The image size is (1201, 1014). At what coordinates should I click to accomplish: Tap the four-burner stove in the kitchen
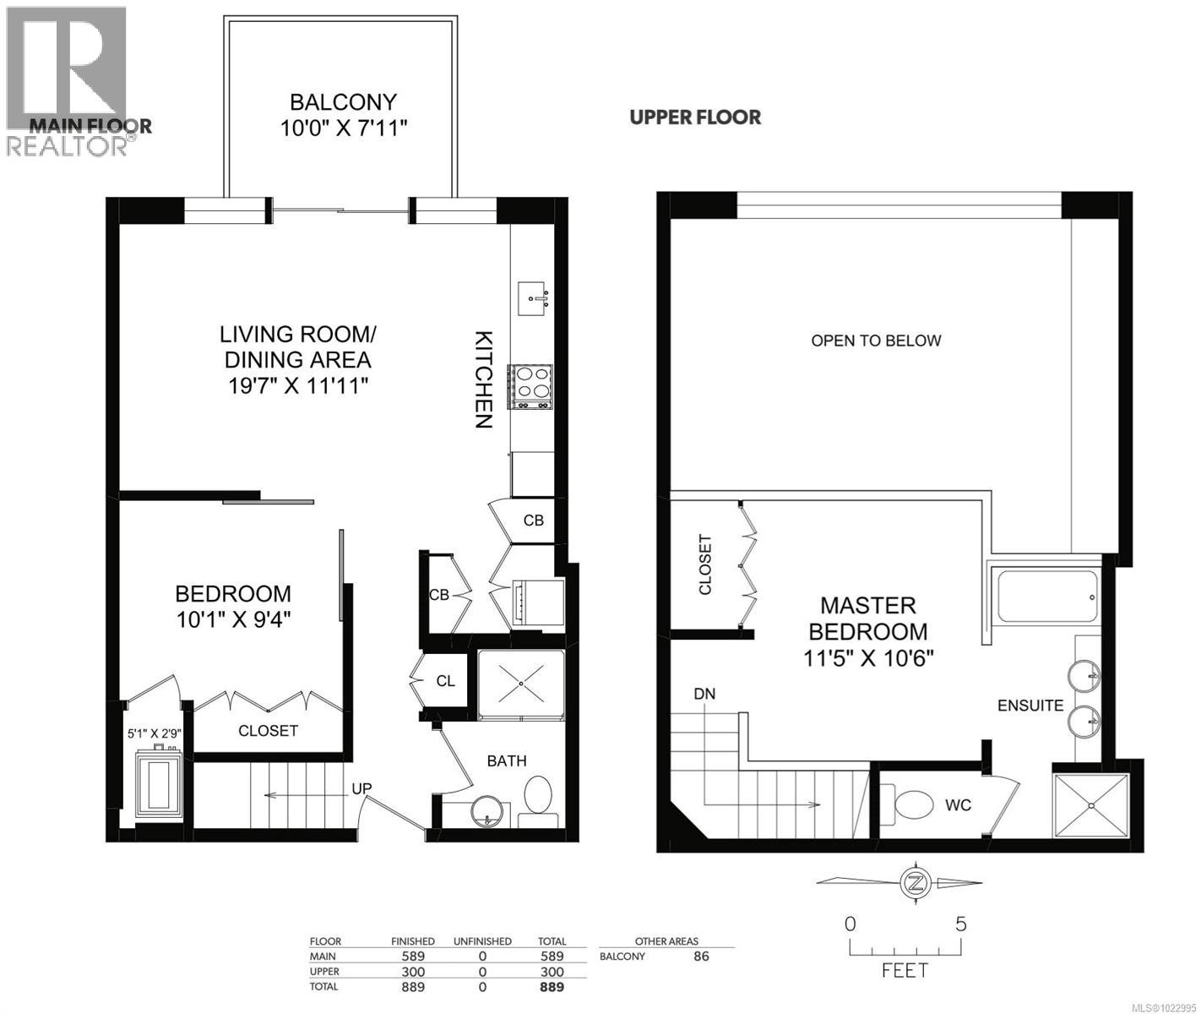coord(530,387)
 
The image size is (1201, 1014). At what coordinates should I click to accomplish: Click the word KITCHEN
coord(481,379)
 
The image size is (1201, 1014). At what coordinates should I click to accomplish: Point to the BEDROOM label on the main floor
coord(233,593)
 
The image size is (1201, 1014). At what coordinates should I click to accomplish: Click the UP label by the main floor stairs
coord(362,788)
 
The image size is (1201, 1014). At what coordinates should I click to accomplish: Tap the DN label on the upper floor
coord(704,694)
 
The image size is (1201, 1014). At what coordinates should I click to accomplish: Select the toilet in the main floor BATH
coord(538,800)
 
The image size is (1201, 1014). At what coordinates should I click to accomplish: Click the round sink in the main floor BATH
coord(489,812)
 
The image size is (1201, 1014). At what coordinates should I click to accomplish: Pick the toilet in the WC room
coord(909,804)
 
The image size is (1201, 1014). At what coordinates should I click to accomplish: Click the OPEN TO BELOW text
coord(876,341)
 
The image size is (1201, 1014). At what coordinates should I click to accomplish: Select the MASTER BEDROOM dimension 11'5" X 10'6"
coord(867,657)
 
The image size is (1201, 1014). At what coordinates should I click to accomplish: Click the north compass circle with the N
coord(913,883)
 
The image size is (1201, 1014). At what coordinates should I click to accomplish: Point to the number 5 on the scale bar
coord(960,924)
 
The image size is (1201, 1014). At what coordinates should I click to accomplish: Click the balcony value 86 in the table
coord(700,957)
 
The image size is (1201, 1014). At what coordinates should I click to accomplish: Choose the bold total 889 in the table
coord(552,987)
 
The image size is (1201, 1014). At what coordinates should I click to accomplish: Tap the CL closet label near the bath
coord(446,680)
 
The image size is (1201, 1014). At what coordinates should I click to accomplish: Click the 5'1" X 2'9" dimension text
coord(155,733)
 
